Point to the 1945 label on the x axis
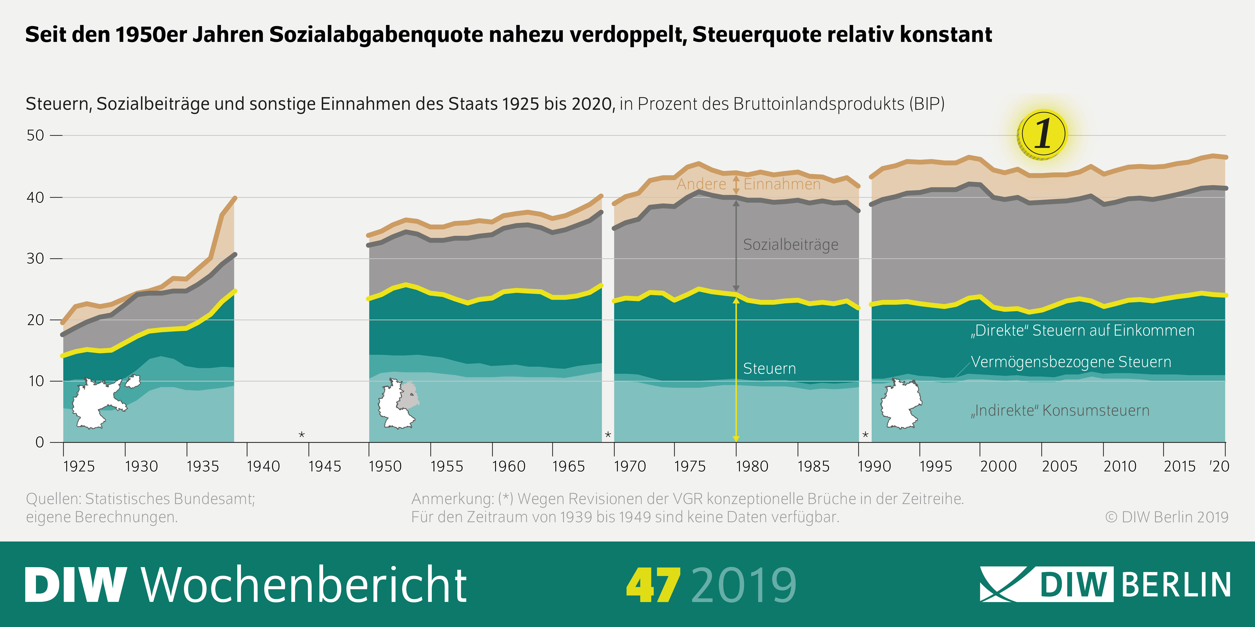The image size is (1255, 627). point(324,466)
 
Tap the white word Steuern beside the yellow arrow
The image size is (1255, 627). point(769,368)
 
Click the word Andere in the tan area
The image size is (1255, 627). point(701,184)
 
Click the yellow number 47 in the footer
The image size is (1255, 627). point(653,585)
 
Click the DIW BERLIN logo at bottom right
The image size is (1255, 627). point(1105,584)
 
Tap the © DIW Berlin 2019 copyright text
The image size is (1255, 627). point(1166,517)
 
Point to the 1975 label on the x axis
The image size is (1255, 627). point(689,466)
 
